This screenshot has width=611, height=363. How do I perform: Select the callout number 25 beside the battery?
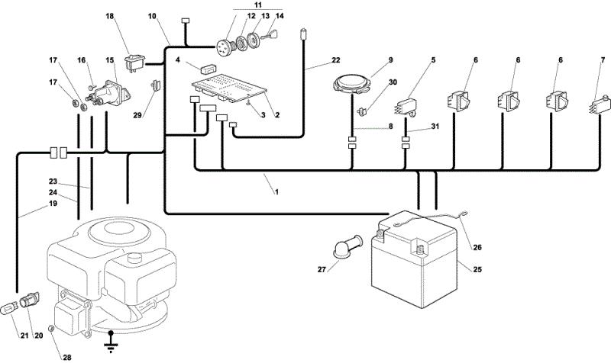tap(478, 269)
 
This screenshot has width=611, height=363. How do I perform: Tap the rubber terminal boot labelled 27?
tap(348, 246)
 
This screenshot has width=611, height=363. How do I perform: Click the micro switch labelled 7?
tap(599, 105)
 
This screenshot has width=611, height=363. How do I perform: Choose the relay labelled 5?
tap(406, 107)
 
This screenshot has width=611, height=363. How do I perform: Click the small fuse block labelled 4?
tap(209, 69)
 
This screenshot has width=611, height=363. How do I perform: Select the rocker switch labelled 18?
tap(134, 62)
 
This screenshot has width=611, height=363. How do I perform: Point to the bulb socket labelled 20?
tap(29, 300)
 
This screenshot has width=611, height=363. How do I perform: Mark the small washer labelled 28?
tap(50, 329)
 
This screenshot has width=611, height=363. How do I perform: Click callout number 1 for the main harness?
tap(276, 192)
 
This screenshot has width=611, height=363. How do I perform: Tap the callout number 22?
tap(336, 60)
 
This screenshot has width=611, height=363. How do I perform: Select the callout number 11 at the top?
tap(258, 5)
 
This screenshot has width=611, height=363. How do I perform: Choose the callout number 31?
tap(435, 127)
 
